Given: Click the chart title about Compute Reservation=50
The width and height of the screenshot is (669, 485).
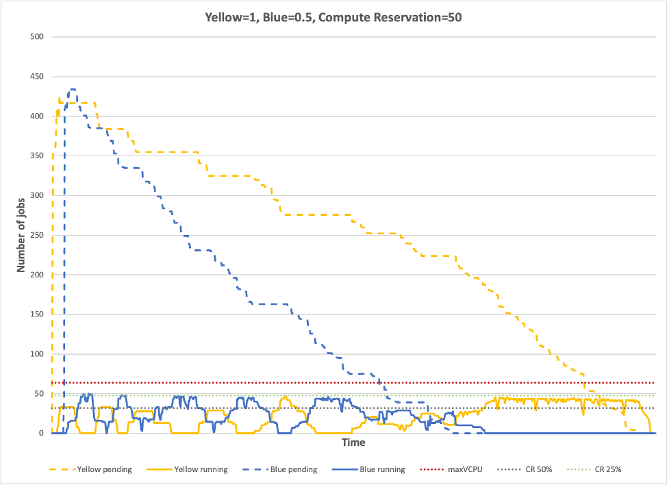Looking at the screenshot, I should (334, 18).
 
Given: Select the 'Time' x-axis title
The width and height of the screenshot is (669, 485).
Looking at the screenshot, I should (353, 443).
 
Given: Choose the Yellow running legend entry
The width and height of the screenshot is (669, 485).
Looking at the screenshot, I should (200, 470).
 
